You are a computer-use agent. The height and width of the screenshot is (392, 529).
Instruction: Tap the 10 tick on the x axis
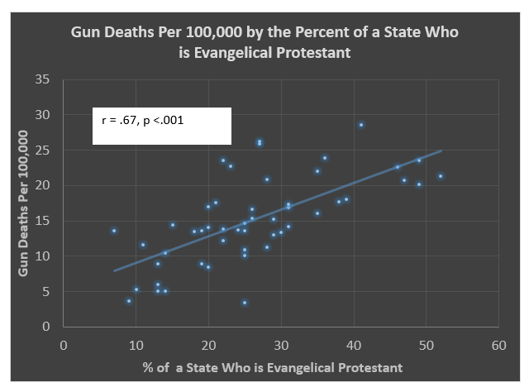tap(136, 342)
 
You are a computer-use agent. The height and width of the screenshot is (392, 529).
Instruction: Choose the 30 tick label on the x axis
tap(281, 342)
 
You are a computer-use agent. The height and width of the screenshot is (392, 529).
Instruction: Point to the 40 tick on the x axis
tap(354, 342)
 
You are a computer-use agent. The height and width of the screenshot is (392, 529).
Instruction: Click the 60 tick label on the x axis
tap(498, 342)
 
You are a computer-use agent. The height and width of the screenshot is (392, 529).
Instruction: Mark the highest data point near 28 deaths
tap(361, 125)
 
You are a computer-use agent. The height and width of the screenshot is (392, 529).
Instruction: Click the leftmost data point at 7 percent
tap(114, 231)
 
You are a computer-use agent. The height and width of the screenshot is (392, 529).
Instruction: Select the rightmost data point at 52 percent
tap(441, 176)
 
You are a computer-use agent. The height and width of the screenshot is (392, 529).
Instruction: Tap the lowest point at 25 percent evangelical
tap(245, 303)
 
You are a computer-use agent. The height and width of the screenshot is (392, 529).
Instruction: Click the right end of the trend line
tap(441, 151)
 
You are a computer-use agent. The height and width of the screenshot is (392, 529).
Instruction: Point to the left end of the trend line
tap(114, 270)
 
